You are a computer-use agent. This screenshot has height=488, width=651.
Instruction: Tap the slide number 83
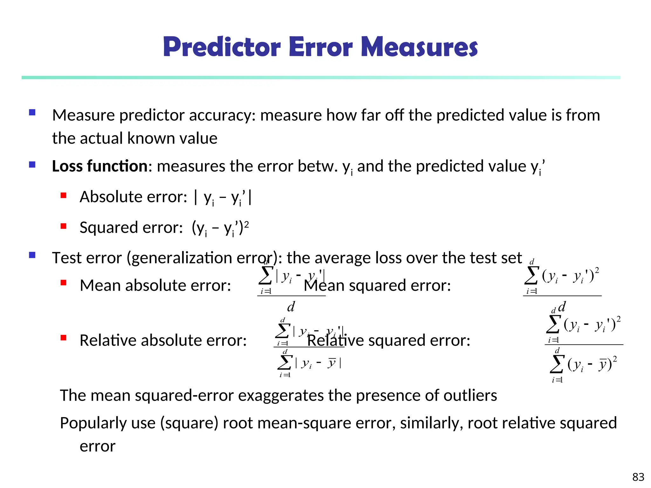tap(638, 477)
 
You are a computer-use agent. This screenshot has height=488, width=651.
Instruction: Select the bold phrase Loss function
tap(99, 166)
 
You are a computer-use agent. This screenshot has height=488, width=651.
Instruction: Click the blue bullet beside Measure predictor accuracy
tap(32, 112)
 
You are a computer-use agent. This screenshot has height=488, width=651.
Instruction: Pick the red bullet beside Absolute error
tap(64, 195)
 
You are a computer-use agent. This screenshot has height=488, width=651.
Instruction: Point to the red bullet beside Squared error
tap(64, 226)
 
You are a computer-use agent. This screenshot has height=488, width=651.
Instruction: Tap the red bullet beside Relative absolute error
tap(64, 338)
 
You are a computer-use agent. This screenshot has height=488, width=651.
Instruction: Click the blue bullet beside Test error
tap(32, 255)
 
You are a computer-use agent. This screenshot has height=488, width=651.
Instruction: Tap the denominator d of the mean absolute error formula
tap(291, 307)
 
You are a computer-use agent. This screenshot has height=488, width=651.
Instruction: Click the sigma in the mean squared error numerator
tap(531, 275)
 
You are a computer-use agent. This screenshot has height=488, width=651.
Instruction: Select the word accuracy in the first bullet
tap(222, 115)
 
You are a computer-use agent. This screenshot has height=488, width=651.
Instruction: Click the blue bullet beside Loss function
tap(32, 165)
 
